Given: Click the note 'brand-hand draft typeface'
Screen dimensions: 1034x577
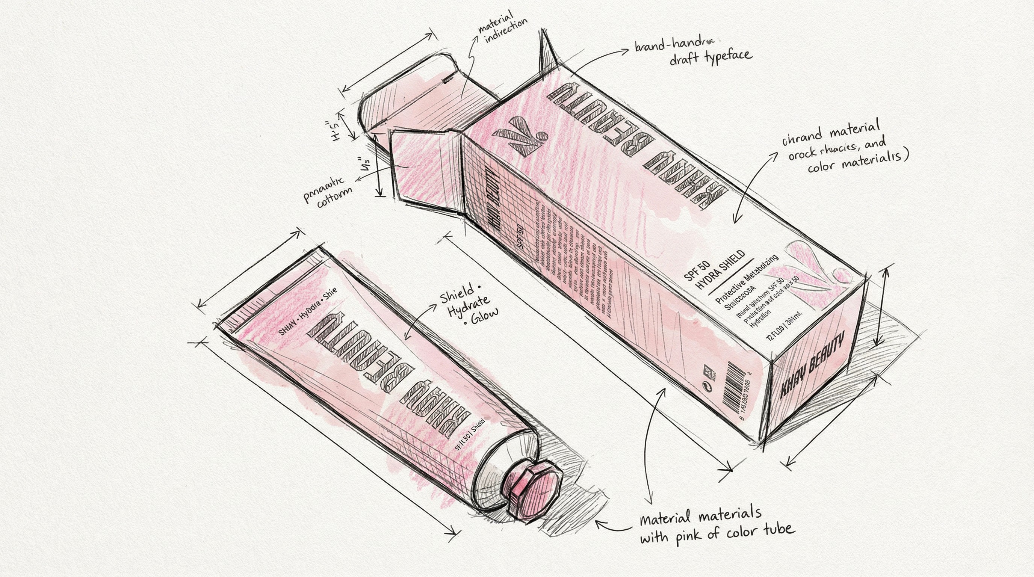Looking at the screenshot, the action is tap(693, 52).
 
